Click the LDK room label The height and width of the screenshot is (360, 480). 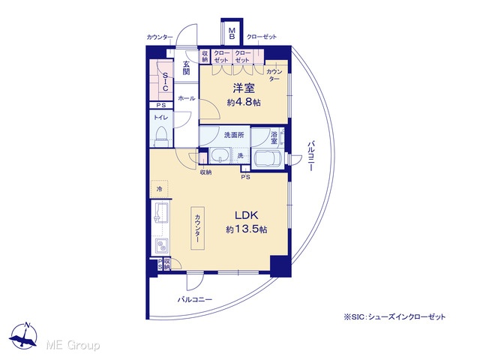pos(247,215)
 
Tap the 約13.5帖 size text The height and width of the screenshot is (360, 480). pos(247,229)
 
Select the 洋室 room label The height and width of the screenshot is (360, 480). pos(244,88)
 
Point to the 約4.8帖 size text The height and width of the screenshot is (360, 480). pos(244,102)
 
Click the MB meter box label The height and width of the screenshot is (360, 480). pos(232,34)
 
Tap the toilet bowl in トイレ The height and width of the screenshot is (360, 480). pos(161,136)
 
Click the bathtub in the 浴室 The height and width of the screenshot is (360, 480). pos(268,159)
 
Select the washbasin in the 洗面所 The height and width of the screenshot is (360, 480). pos(220,155)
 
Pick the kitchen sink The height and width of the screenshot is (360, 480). pos(160,213)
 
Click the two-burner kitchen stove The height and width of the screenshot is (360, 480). pos(161,245)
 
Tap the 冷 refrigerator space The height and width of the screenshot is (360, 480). pos(159,189)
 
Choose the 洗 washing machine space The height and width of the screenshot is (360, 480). pos(240,155)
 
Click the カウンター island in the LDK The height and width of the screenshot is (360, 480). pos(198,228)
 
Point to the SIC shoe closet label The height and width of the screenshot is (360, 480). pos(165,82)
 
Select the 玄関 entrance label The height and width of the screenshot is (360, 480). pos(186,68)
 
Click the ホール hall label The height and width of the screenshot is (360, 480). pos(187,98)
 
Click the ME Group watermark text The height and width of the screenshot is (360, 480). pos(73,345)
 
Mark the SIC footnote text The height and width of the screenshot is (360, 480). pos(395,316)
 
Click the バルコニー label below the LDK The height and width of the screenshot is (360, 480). pos(195,299)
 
